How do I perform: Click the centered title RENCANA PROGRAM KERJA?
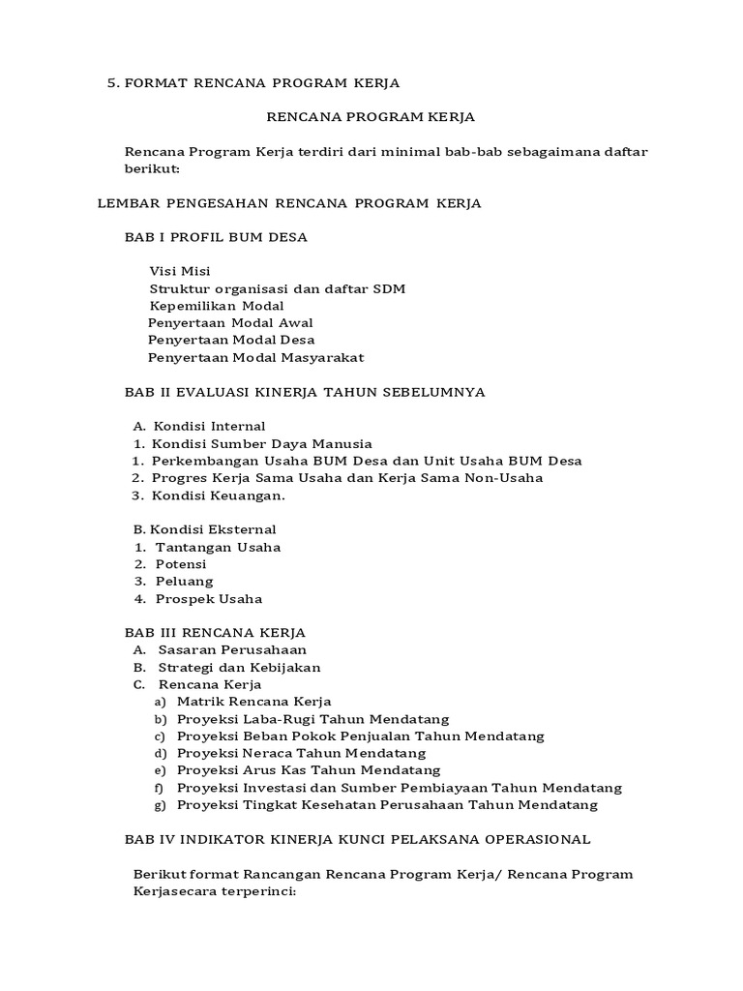pos(371,117)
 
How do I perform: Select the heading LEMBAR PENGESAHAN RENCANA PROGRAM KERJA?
pos(290,203)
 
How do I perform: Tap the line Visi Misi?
pos(180,271)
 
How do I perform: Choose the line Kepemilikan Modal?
pos(217,306)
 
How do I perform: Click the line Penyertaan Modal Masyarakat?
pos(255,358)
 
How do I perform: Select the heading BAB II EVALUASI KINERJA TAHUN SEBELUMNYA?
pos(305,392)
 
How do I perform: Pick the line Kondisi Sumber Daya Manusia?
pos(261,443)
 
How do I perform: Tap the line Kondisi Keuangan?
pos(219,495)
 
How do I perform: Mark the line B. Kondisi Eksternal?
pos(204,529)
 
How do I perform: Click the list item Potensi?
pos(181,564)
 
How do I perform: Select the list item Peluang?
pos(185,582)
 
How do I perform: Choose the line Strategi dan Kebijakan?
pos(239,668)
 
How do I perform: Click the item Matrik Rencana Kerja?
pos(254,701)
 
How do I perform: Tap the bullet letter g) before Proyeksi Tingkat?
pos(160,805)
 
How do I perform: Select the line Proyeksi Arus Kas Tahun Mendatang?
pos(309,770)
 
